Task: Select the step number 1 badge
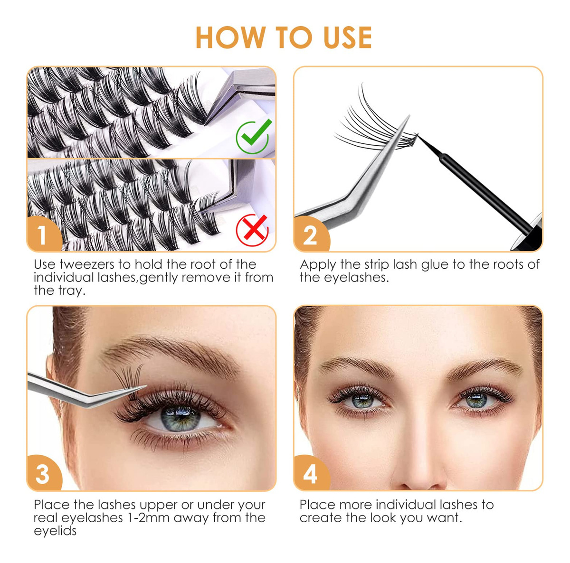pos(44,234)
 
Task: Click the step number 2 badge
pos(311,234)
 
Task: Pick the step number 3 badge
pos(44,473)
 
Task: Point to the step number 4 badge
pos(311,473)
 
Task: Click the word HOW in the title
pos(230,37)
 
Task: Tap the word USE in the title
pos(348,37)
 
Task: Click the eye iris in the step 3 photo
pos(180,418)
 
